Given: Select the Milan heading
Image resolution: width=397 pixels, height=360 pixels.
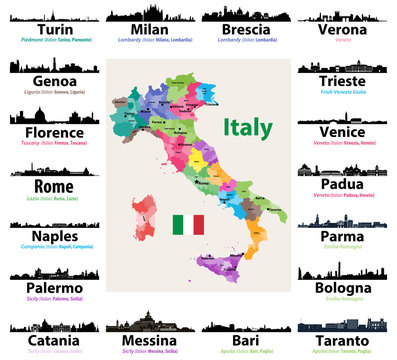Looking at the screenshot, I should point(149,31).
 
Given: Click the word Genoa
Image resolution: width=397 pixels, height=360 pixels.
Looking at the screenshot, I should point(48,82).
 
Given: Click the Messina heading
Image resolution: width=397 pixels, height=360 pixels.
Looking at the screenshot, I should point(149,340).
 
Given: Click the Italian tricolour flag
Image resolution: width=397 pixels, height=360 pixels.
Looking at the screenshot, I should point(187,224).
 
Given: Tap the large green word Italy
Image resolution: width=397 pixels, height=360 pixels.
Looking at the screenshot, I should point(247,127).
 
